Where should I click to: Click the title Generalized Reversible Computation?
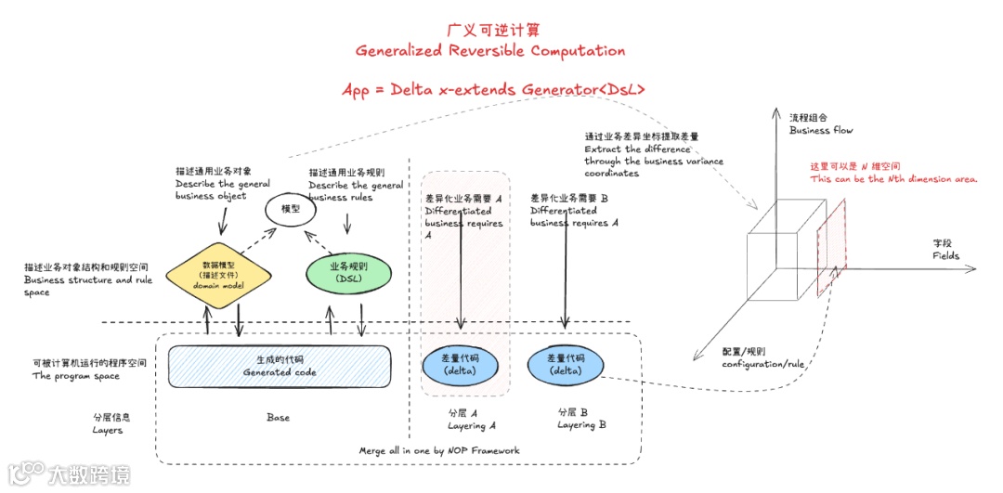pos(490,50)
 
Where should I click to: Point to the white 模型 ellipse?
pos(291,210)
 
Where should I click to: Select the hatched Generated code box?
pos(280,366)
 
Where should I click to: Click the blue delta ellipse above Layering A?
pos(460,366)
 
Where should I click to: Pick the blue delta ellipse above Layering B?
pos(565,366)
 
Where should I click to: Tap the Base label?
pos(278,418)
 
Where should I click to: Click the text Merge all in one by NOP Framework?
pos(439,450)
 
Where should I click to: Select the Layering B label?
pos(582,419)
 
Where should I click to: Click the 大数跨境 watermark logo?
pos(69,474)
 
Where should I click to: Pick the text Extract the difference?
pos(637,149)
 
